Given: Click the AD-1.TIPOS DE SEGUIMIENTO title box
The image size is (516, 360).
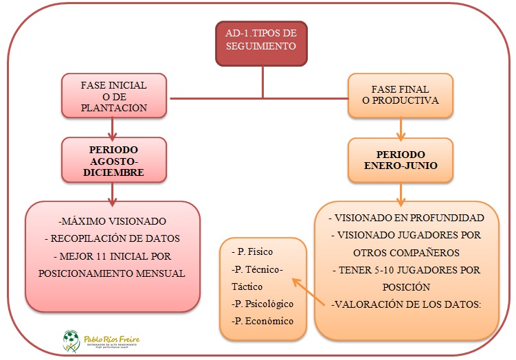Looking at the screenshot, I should (261, 43).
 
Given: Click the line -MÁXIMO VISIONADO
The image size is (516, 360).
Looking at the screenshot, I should (113, 221).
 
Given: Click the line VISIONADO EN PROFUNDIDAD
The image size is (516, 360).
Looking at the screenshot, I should (407, 218).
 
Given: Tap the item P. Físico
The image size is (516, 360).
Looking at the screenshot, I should (254, 251).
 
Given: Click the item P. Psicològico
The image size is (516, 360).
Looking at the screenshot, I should (264, 303).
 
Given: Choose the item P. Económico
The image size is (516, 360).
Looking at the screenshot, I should (263, 321).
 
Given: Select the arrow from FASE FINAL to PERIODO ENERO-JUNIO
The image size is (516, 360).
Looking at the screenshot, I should (400, 128).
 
